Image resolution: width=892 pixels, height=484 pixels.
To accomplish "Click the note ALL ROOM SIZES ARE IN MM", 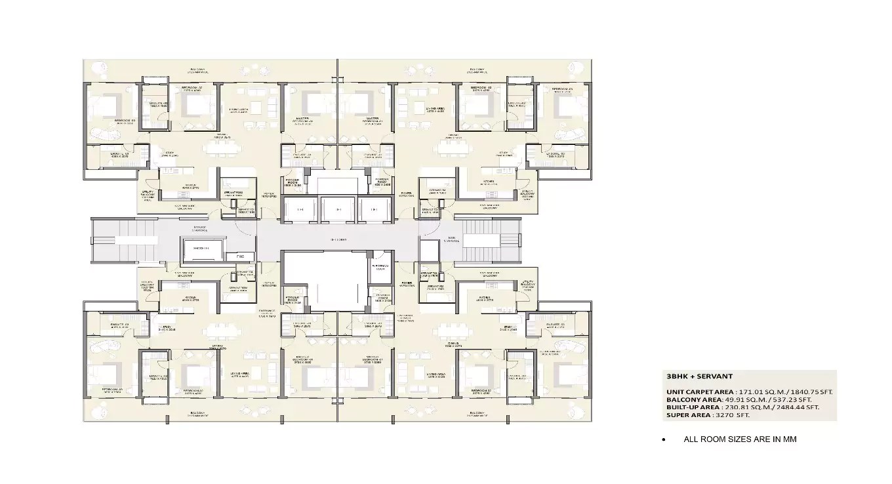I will tap(740, 439).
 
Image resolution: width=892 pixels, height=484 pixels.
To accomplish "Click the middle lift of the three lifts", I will tap(338, 209).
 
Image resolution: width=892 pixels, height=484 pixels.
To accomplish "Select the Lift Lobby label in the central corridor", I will tap(338, 240).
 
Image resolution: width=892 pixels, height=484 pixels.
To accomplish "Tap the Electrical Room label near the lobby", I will tap(380, 266).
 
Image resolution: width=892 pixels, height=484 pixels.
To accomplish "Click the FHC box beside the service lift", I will tap(240, 256).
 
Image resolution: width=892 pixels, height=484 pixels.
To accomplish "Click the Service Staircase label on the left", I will tap(199, 229).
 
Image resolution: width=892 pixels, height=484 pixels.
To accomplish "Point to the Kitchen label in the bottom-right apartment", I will tap(485, 296).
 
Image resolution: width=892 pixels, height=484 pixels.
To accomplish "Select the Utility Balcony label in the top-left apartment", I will tap(148, 195).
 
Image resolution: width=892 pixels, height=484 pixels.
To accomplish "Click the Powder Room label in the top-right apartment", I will tap(382, 183).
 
